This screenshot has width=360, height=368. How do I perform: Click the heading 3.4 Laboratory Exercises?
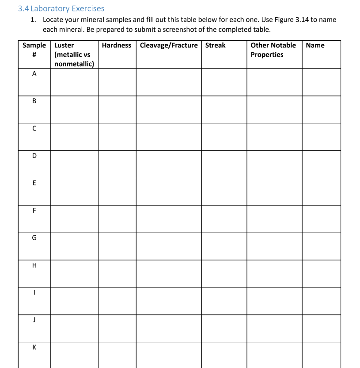(61, 8)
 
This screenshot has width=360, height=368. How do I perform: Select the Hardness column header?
(117, 45)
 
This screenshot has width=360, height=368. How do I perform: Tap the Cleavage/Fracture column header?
(169, 45)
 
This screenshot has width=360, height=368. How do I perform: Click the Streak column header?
(215, 45)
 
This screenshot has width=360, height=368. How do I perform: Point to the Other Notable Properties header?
(273, 50)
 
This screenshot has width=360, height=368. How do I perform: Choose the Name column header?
(315, 45)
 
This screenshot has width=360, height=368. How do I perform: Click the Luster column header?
(74, 54)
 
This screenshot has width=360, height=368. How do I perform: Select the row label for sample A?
(34, 74)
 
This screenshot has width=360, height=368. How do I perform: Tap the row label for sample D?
(34, 156)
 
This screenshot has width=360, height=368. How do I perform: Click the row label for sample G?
(34, 238)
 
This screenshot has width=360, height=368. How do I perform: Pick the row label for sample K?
(34, 347)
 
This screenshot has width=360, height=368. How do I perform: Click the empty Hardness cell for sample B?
(117, 109)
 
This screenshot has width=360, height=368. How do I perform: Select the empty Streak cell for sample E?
(224, 192)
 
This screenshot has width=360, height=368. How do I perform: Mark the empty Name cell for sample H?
(321, 273)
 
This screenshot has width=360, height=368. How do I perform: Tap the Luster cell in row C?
(74, 137)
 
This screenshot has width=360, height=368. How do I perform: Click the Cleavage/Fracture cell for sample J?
(169, 328)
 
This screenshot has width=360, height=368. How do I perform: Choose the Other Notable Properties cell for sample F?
(274, 219)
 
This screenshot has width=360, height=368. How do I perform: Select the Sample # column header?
(34, 50)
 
